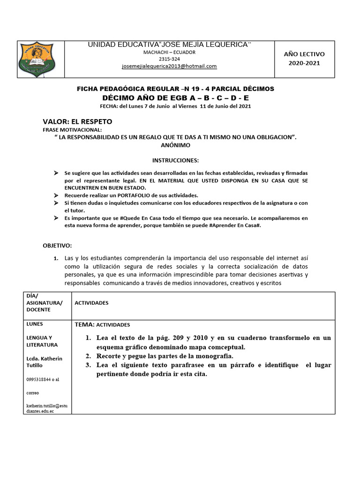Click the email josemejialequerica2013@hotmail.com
point(169,67)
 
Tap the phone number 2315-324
point(169,59)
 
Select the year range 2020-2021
point(304,63)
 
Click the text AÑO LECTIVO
point(304,54)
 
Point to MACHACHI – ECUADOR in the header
point(169,52)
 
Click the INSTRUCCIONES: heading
point(176,160)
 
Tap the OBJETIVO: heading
point(57,246)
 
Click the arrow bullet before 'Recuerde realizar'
point(56,195)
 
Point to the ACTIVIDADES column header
point(91,303)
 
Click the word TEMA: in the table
point(85,324)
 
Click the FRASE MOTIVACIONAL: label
point(72,130)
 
